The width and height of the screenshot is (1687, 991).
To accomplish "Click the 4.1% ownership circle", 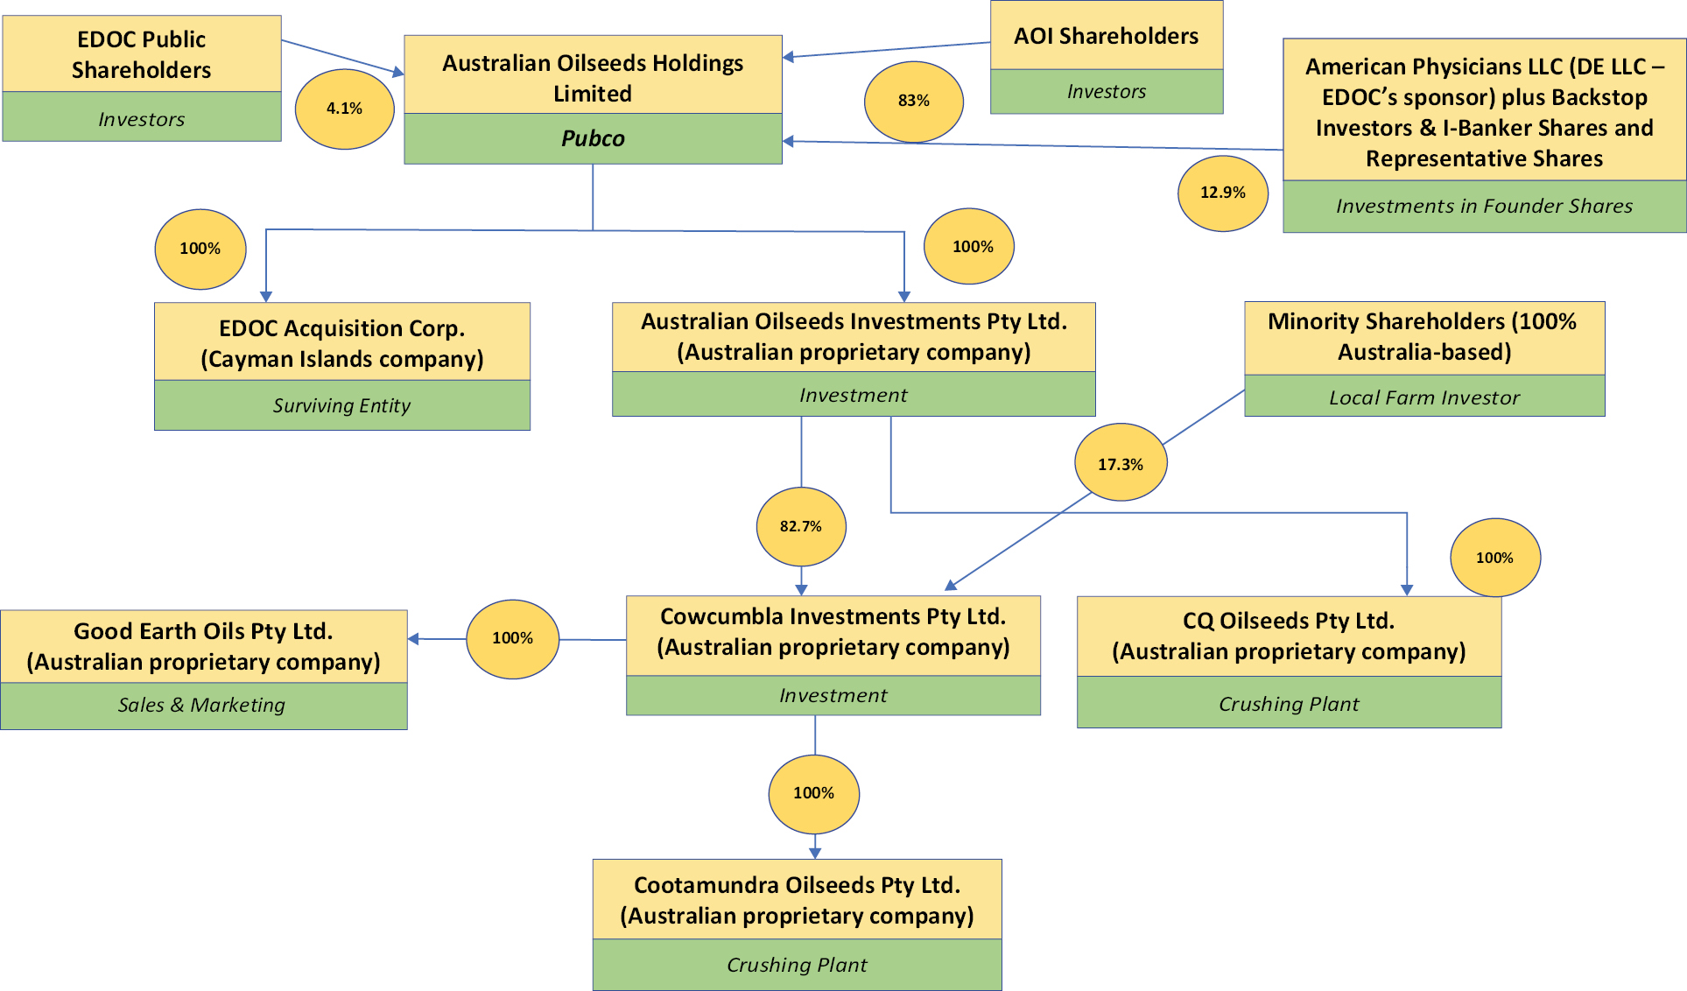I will pyautogui.click(x=344, y=109).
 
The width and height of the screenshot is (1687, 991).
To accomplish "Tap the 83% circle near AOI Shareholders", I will pyautogui.click(x=913, y=101).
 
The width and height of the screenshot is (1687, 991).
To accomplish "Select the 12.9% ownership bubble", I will pyautogui.click(x=1222, y=193).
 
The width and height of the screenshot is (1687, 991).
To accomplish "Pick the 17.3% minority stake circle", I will pyautogui.click(x=1121, y=464).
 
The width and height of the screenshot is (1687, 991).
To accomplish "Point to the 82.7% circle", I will pyautogui.click(x=801, y=526).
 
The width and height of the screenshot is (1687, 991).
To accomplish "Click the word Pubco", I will pyautogui.click(x=593, y=138).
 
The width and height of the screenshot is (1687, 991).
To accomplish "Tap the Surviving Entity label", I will pyautogui.click(x=341, y=405).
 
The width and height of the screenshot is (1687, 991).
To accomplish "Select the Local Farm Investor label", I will pyautogui.click(x=1424, y=397).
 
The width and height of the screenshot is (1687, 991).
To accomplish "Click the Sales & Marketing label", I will pyautogui.click(x=202, y=705).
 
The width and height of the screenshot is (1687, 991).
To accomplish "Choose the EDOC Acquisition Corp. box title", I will pyautogui.click(x=341, y=328).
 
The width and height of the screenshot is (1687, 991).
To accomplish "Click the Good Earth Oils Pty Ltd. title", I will pyautogui.click(x=203, y=631).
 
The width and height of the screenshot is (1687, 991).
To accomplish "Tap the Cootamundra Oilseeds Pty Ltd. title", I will pyautogui.click(x=797, y=885).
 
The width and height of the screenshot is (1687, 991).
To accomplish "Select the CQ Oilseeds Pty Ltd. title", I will pyautogui.click(x=1289, y=621).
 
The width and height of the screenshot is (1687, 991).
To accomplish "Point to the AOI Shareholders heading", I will pyautogui.click(x=1106, y=36).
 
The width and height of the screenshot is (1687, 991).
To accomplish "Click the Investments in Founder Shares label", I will pyautogui.click(x=1484, y=206).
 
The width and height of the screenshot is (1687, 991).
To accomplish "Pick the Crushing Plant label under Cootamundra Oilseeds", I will pyautogui.click(x=797, y=965).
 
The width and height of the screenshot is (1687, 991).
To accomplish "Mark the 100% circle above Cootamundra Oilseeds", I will pyautogui.click(x=813, y=793).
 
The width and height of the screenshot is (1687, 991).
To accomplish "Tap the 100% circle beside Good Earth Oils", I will pyautogui.click(x=512, y=638).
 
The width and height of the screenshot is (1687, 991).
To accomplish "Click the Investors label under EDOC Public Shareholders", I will pyautogui.click(x=142, y=119).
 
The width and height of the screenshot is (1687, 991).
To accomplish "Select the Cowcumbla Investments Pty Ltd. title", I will pyautogui.click(x=833, y=616).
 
